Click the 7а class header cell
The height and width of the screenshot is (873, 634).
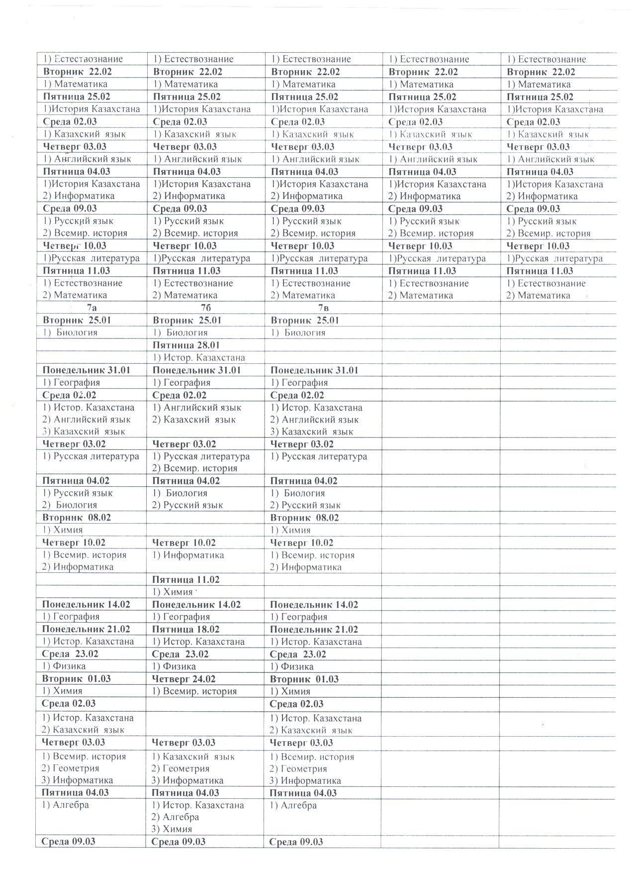91,308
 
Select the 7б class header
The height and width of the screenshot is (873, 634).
205,308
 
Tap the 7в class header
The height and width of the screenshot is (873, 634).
324,308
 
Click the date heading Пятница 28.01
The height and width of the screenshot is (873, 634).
186,345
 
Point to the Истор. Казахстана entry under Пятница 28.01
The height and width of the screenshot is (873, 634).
199,357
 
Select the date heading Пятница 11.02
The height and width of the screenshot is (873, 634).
186,579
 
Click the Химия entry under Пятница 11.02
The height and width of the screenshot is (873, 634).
172,592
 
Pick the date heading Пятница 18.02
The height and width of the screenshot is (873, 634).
186,629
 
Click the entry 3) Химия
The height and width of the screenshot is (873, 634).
172,829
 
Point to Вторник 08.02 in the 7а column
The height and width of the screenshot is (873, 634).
77,517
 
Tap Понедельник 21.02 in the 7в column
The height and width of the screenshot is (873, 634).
314,629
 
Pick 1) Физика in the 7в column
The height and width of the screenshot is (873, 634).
292,666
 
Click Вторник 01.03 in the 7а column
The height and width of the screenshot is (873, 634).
77,679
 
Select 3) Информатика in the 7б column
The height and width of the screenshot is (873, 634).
187,780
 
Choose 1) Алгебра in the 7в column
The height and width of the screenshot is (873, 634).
293,805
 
